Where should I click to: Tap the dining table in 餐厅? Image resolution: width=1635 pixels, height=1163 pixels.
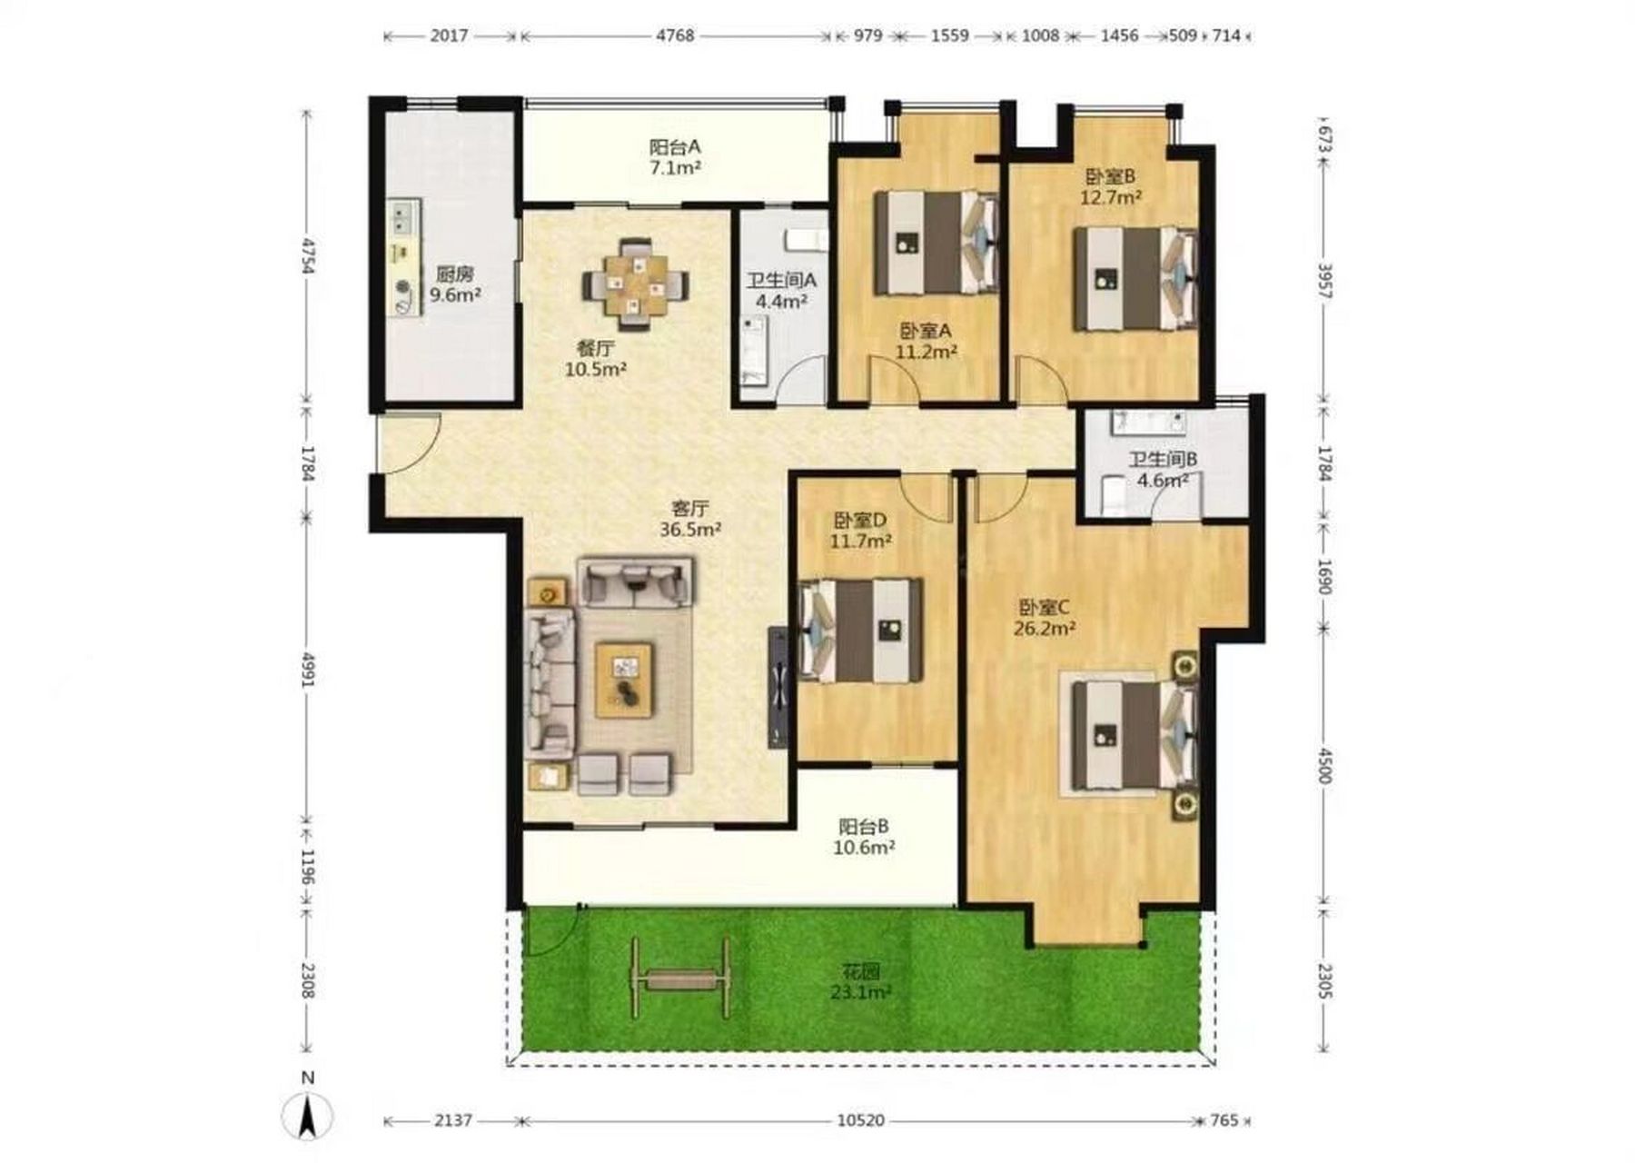click(635, 284)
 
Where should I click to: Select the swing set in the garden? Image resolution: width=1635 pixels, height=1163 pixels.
click(682, 979)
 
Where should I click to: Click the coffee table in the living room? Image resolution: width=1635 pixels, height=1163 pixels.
click(624, 680)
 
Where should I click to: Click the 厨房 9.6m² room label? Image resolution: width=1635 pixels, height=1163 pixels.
click(455, 283)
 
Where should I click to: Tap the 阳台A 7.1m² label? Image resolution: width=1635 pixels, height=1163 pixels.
click(675, 156)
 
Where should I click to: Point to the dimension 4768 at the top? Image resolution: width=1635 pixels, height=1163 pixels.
click(675, 35)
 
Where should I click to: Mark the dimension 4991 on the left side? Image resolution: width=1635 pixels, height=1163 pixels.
click(308, 670)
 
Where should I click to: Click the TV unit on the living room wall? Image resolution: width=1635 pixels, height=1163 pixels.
click(778, 686)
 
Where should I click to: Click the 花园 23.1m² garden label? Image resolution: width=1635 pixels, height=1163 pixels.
click(860, 982)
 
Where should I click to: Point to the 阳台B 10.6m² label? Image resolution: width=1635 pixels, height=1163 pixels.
click(865, 837)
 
